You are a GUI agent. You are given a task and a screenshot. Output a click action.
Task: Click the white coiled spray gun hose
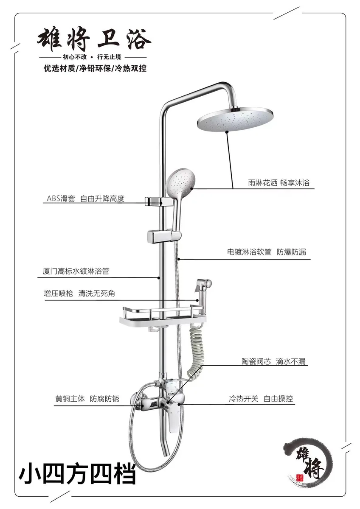click(195, 351)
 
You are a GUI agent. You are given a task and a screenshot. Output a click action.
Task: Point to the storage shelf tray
click(163, 316)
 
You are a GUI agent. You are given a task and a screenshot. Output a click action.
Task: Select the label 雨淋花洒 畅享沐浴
click(278, 183)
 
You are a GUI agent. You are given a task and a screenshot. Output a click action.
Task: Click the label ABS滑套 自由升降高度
click(85, 199)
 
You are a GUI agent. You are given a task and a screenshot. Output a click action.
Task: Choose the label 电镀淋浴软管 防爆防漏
click(267, 252)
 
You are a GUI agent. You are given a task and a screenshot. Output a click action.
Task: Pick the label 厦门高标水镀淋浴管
click(76, 271)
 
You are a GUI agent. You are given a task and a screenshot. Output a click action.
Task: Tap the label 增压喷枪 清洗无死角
click(79, 294)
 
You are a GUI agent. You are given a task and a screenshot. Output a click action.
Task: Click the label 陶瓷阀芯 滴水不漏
click(273, 361)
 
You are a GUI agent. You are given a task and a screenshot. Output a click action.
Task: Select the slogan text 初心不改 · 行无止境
click(92, 57)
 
